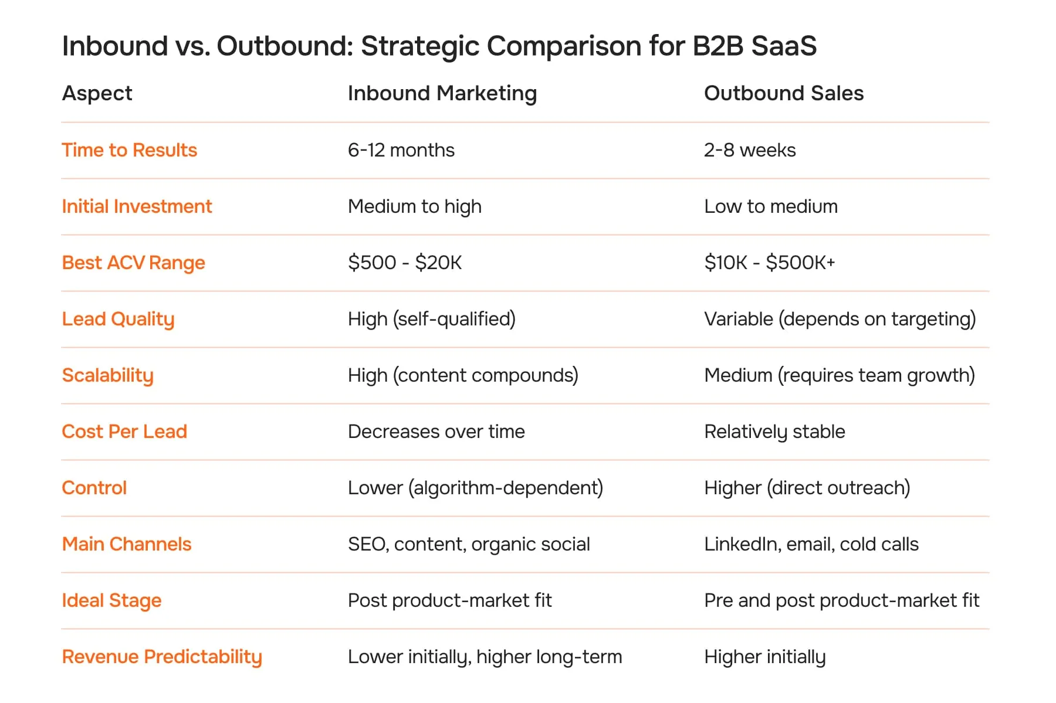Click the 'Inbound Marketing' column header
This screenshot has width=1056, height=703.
[x=442, y=93]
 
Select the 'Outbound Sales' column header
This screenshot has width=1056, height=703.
[x=783, y=93]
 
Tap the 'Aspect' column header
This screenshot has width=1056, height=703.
[x=97, y=93]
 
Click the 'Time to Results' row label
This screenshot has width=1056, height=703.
[x=129, y=150]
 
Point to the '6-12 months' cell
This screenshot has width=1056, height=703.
[x=401, y=150]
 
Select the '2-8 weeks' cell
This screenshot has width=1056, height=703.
[x=749, y=150]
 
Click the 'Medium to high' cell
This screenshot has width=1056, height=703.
[x=414, y=206]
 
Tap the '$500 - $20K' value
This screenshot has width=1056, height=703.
[x=404, y=263]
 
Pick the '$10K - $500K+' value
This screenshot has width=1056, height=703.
[x=769, y=263]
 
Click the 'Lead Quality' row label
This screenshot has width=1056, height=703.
[x=118, y=319]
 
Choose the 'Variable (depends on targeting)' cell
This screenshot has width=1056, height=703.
[x=840, y=319]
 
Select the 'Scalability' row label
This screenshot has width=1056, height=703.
[x=107, y=375]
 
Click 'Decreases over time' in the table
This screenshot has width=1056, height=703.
[x=436, y=432]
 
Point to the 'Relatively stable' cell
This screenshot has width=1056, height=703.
[x=774, y=432]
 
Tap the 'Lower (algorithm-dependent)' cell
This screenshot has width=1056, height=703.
[x=475, y=488]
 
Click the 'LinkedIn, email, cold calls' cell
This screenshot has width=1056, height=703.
[x=811, y=544]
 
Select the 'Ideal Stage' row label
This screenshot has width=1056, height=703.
[x=111, y=600]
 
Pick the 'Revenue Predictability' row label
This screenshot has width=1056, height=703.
[x=162, y=657]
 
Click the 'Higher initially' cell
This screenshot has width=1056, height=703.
[x=764, y=657]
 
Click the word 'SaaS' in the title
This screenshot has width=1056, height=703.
[x=784, y=46]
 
